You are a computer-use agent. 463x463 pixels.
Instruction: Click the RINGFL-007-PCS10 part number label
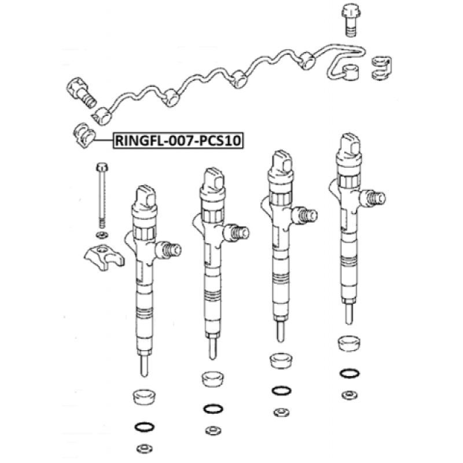click(178, 140)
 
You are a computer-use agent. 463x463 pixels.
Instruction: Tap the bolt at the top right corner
click(351, 20)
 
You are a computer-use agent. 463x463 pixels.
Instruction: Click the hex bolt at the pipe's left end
click(80, 92)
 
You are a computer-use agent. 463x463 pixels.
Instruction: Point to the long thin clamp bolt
click(102, 195)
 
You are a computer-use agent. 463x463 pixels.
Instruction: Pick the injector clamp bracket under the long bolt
click(104, 257)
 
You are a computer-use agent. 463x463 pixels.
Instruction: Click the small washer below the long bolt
click(102, 235)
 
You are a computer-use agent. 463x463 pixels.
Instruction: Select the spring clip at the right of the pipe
click(381, 68)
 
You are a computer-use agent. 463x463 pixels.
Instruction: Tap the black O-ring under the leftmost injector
click(144, 427)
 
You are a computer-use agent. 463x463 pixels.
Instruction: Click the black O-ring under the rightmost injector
click(350, 373)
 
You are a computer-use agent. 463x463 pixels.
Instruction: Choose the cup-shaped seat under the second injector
click(213, 379)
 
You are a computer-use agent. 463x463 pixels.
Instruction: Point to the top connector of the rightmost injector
click(349, 145)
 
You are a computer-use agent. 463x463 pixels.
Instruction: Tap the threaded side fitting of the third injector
click(305, 215)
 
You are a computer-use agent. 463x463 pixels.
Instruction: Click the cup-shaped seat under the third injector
click(281, 361)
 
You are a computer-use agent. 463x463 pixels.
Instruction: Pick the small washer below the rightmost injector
click(350, 395)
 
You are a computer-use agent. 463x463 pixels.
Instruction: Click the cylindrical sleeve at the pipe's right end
click(351, 72)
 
